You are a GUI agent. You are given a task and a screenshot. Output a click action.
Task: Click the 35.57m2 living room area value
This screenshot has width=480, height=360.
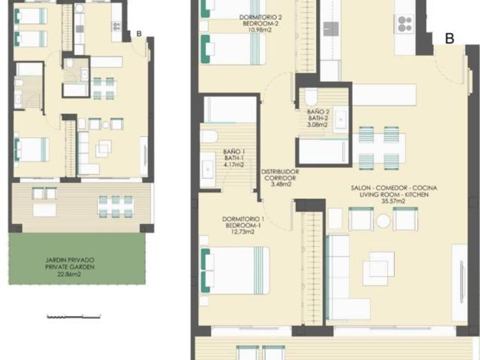point(393,201)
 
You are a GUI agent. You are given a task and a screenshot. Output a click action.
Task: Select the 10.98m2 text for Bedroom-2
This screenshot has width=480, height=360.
point(260,30)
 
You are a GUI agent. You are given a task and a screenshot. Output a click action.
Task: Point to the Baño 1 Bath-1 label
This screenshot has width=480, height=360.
point(234,155)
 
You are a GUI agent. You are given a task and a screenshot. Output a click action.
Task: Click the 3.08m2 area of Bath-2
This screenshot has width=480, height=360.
point(318,125)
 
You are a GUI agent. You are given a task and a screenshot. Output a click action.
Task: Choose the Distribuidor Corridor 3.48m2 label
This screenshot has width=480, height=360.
point(280,178)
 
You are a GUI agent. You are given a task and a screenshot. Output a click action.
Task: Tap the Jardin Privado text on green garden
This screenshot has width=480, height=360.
point(70,260)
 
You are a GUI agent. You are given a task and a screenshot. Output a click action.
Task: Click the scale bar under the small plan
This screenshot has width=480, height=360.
point(74,317)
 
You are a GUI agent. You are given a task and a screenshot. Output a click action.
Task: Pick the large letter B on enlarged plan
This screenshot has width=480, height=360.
point(449,39)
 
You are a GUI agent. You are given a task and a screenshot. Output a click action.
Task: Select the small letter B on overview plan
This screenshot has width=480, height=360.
point(139,34)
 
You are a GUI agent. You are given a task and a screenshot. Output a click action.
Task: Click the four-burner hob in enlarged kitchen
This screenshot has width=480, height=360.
point(405,24)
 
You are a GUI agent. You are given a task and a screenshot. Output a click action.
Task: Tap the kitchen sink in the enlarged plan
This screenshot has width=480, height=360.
point(331,29)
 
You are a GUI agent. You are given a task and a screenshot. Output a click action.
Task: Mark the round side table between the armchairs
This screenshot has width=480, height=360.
point(383,221)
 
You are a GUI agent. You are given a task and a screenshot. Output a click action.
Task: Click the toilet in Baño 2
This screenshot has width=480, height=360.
point(311,97)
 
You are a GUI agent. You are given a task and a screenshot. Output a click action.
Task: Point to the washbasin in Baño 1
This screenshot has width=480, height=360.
point(208,169)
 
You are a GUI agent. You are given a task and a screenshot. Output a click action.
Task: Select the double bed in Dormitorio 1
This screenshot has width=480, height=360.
point(235,271)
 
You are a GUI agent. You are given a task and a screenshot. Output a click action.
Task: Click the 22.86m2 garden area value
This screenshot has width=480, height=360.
point(69,274)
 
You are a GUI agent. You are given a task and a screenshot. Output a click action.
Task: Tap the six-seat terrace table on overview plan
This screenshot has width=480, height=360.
point(115,207)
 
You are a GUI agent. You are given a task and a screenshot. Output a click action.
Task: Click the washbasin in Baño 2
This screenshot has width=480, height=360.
point(341,119)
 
